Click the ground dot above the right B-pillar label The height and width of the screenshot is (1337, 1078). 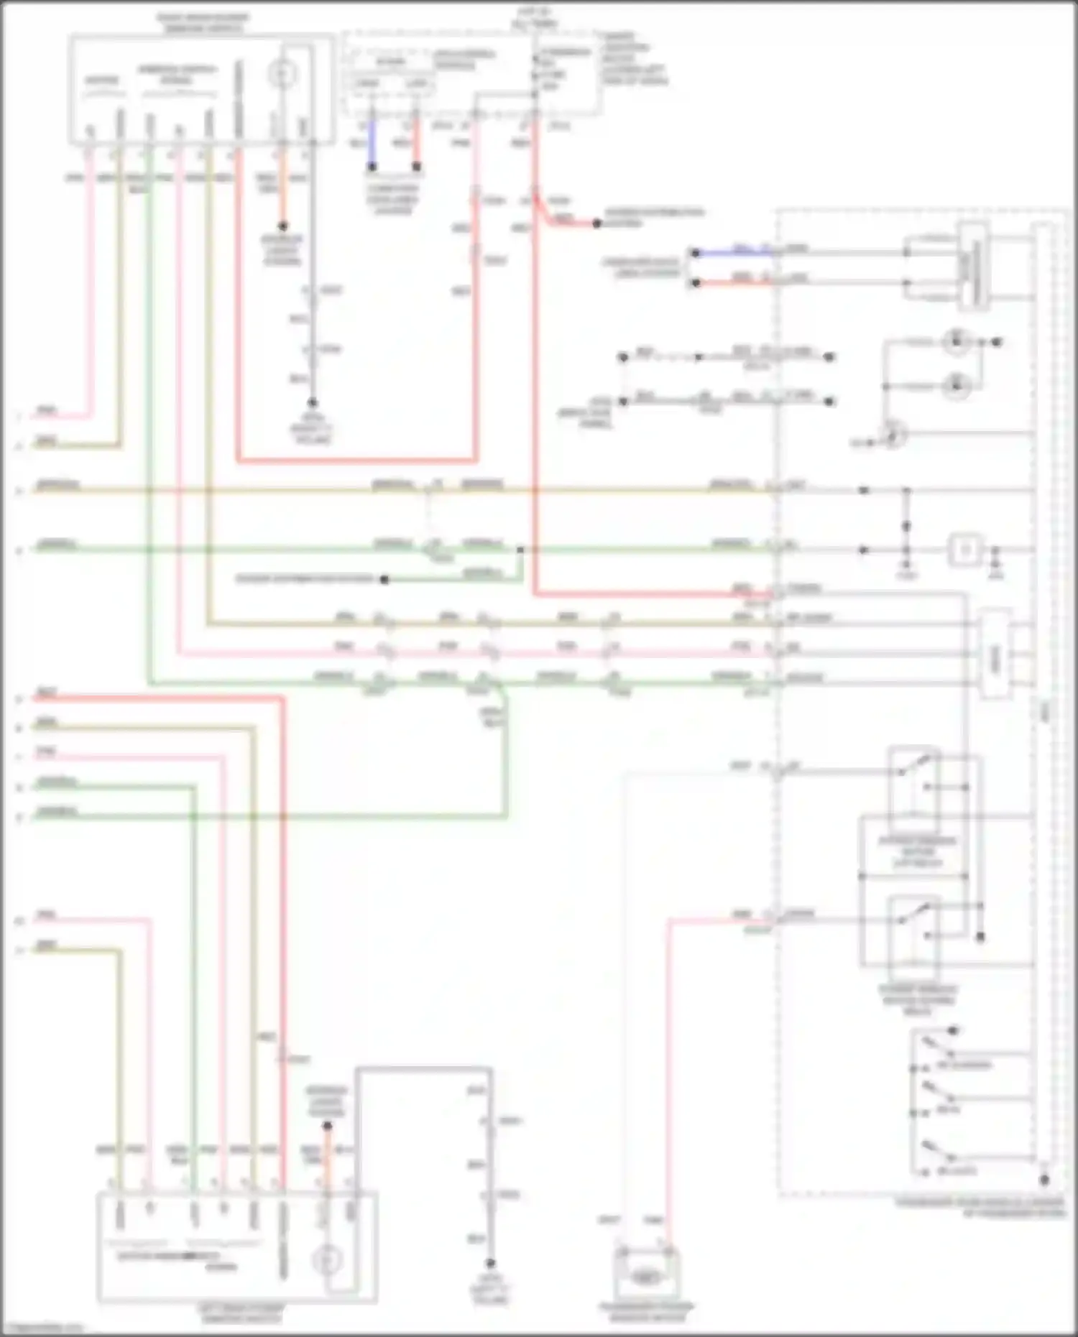[x=313, y=403]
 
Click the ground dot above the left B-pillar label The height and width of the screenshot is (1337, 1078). [x=490, y=1263]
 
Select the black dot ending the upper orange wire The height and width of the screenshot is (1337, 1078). [x=283, y=226]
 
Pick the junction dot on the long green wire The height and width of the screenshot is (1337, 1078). [x=520, y=550]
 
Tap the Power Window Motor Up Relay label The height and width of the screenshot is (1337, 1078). [x=918, y=851]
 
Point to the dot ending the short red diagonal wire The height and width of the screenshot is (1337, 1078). [x=596, y=224]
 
